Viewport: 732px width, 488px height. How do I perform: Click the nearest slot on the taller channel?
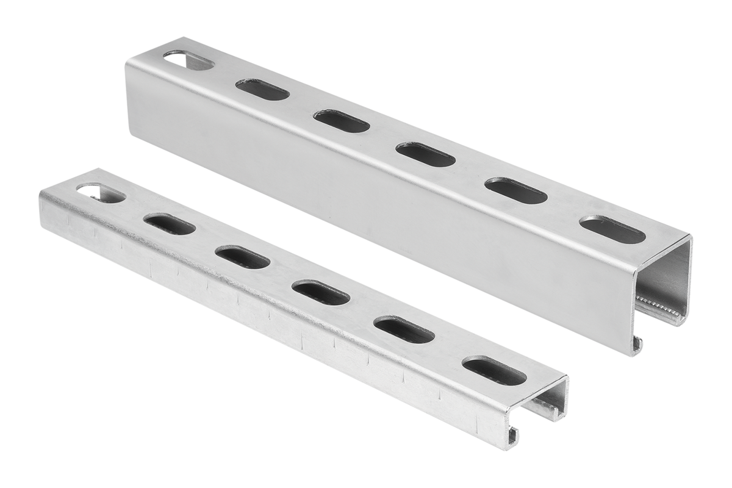(612, 229)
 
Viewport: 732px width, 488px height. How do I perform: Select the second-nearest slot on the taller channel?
(517, 190)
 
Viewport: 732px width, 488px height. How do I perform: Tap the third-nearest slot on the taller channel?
(426, 154)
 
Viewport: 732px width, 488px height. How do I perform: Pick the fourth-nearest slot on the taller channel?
(342, 121)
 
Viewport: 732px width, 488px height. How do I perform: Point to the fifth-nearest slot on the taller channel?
(262, 90)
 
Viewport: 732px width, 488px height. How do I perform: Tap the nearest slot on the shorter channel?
(494, 370)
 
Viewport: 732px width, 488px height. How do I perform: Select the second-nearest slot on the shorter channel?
(404, 329)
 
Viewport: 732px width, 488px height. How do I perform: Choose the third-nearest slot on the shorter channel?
(321, 292)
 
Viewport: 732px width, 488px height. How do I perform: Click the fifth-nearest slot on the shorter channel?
(170, 224)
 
